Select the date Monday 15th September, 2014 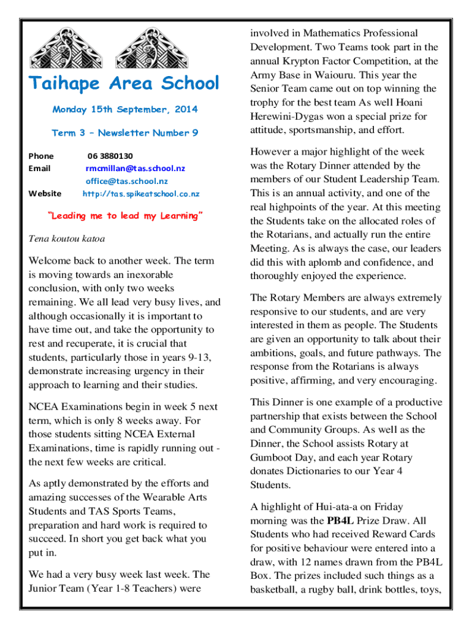(x=125, y=110)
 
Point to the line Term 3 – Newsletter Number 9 (x=125, y=132)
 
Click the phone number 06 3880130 (x=110, y=156)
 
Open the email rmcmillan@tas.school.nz (x=135, y=168)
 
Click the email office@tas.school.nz (x=127, y=181)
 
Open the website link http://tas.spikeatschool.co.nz (x=141, y=194)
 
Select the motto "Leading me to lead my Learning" (x=125, y=216)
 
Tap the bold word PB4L (x=340, y=521)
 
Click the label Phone (x=41, y=156)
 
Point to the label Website (x=45, y=194)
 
